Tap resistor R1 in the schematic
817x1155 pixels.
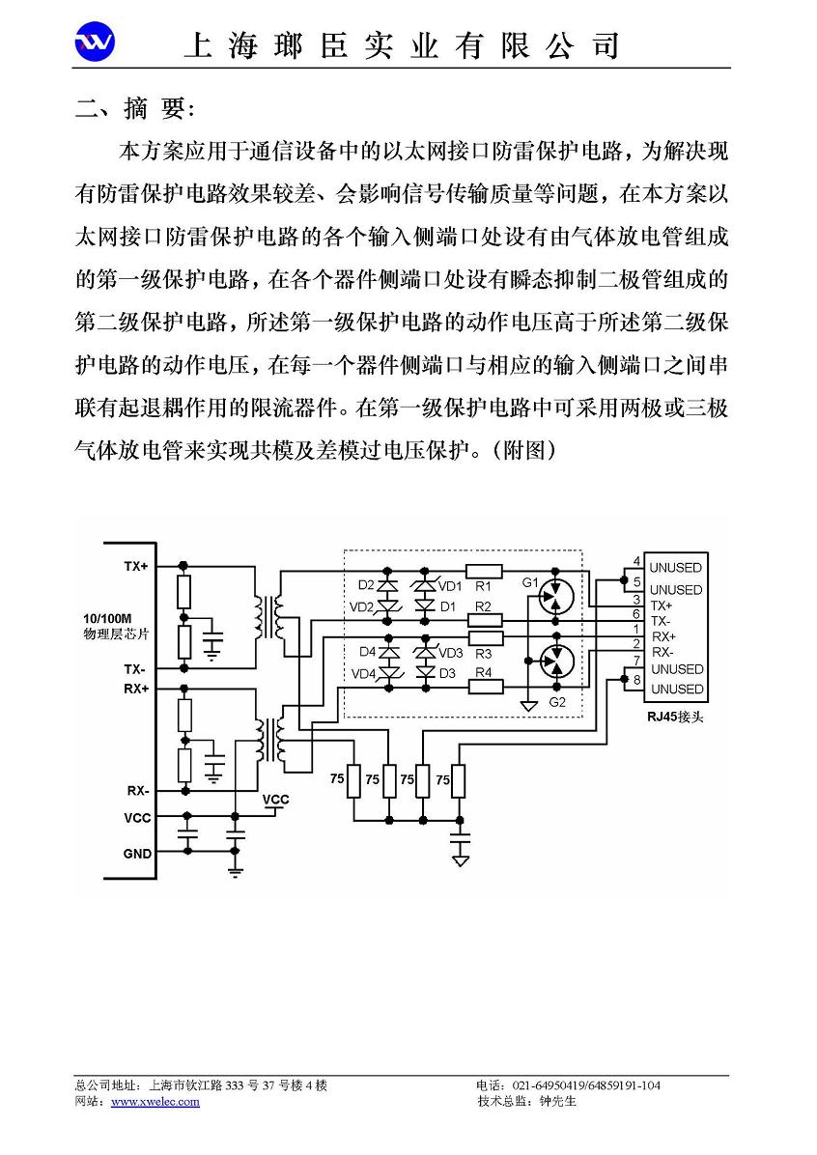(484, 571)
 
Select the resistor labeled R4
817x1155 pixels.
(486, 687)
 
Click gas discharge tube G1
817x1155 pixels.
(556, 598)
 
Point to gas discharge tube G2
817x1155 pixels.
(556, 661)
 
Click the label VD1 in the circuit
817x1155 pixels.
(450, 586)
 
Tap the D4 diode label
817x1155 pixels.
(368, 652)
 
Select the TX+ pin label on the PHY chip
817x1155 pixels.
(136, 567)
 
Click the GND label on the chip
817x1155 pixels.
(138, 854)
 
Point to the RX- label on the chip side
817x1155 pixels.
(138, 790)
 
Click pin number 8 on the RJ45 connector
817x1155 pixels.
(637, 680)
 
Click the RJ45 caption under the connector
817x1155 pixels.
(670, 716)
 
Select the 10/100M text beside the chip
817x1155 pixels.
(107, 619)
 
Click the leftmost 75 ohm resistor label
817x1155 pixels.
(337, 778)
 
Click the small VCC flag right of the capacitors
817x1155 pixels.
(276, 800)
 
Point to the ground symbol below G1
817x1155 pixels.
(528, 706)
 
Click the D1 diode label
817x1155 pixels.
(448, 607)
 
